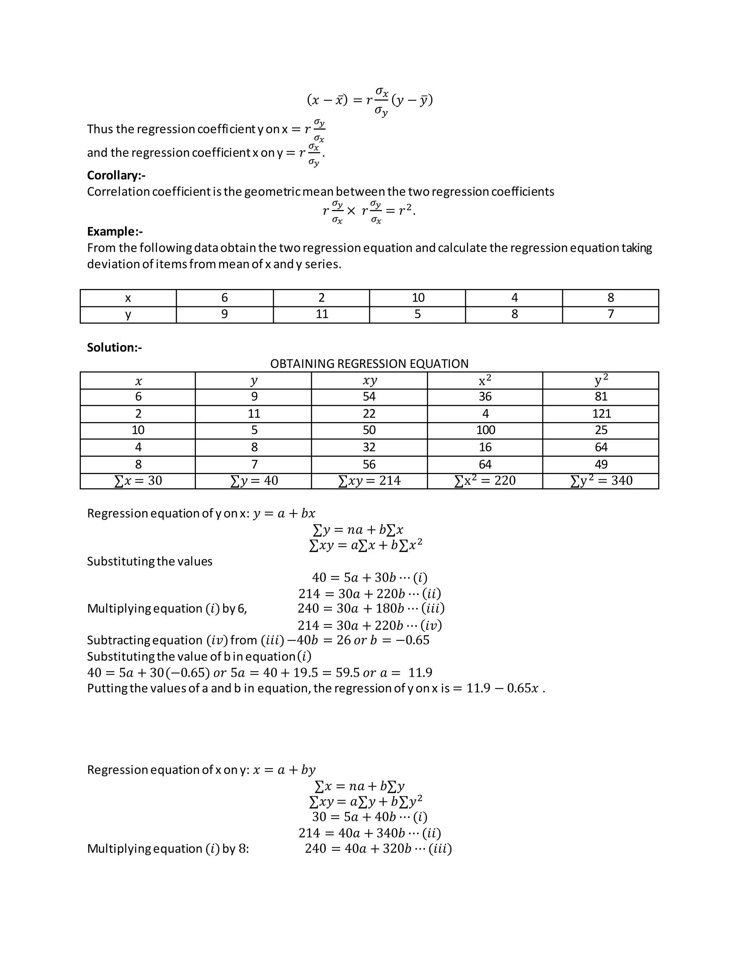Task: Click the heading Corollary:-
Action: (116, 176)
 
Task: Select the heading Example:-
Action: (115, 232)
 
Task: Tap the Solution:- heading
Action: (114, 347)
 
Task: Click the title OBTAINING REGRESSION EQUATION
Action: (369, 364)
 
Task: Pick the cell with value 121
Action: (601, 414)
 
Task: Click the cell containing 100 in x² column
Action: (485, 430)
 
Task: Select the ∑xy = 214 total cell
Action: (369, 481)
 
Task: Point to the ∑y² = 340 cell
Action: (601, 481)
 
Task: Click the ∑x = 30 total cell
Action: (138, 481)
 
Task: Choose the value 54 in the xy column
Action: (369, 396)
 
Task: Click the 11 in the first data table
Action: (322, 315)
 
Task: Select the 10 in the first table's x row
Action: (417, 298)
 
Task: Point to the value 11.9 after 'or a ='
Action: (420, 672)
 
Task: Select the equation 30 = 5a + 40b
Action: (369, 816)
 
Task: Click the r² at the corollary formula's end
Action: (405, 211)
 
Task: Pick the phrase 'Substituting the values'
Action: (149, 562)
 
